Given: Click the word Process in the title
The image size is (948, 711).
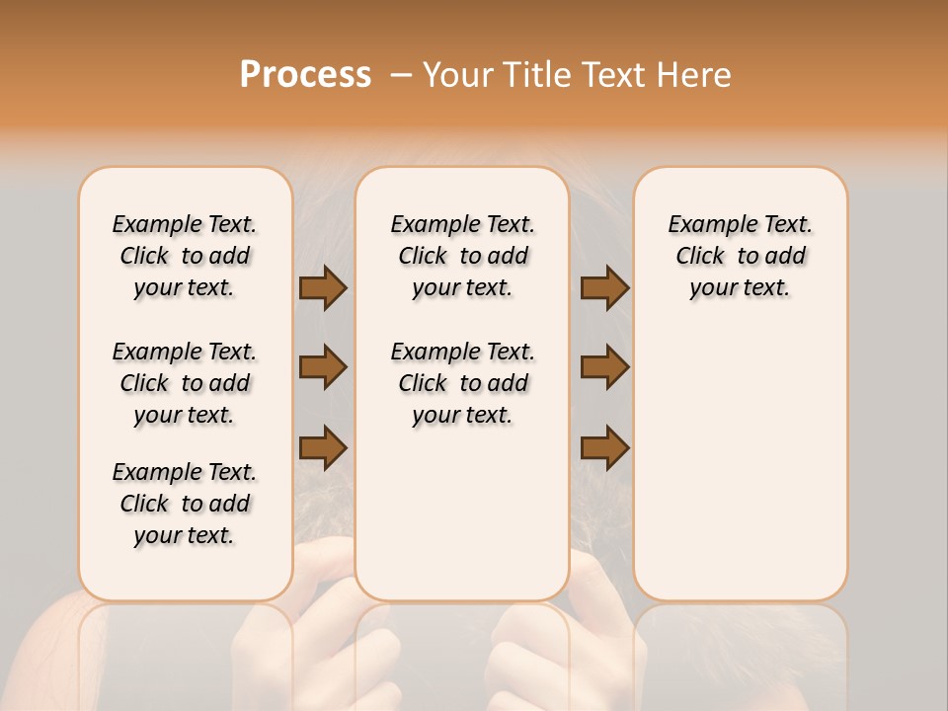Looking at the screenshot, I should tap(305, 75).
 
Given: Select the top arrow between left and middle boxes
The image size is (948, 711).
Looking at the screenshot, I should tap(323, 287).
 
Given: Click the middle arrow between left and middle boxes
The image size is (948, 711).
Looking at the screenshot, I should tap(323, 367).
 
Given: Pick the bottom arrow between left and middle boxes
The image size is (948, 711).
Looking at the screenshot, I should tap(323, 447).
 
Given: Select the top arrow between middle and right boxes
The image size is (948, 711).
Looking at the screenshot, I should tap(604, 287).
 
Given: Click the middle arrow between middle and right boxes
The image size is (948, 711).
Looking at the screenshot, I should tap(604, 367).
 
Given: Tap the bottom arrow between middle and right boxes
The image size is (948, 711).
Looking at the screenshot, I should tap(604, 447).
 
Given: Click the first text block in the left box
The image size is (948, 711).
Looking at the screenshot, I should tap(185, 256).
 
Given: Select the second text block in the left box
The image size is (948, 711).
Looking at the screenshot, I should tap(185, 383).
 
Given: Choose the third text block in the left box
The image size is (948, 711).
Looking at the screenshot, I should tap(185, 504).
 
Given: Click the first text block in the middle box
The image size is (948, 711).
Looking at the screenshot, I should tap(462, 256).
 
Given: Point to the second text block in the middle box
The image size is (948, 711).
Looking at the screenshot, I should tap(462, 383).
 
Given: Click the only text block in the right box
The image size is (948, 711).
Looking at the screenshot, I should tap(740, 256).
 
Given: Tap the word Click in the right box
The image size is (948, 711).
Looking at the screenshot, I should tap(700, 257).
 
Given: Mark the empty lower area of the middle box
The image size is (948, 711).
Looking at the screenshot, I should tap(462, 513).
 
